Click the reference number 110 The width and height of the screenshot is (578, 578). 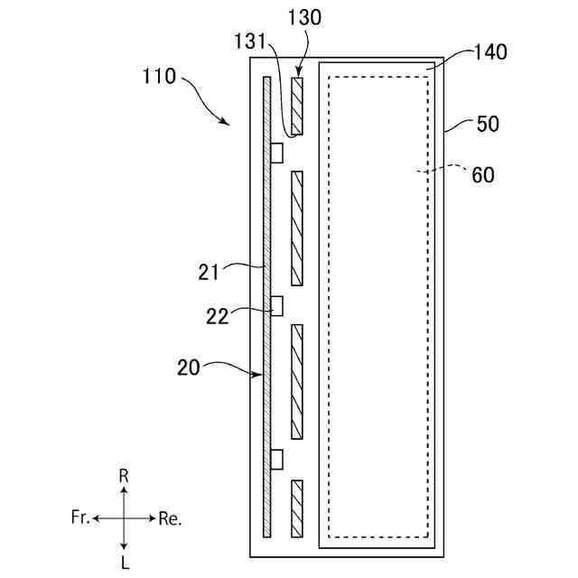coord(159,77)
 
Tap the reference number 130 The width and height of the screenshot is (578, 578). coord(303,18)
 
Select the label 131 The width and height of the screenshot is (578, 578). coord(248,42)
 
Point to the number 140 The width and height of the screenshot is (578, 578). coord(488,52)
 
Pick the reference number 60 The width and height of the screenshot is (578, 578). coord(483,175)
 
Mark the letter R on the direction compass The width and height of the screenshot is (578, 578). coord(124,474)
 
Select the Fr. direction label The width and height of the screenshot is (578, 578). coord(79,517)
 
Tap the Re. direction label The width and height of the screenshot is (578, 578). coord(170,518)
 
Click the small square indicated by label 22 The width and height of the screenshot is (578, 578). coord(277,306)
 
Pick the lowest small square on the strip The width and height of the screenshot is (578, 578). coord(277,460)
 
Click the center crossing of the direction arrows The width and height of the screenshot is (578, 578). coord(124,517)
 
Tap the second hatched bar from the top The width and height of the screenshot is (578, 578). coord(296,227)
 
